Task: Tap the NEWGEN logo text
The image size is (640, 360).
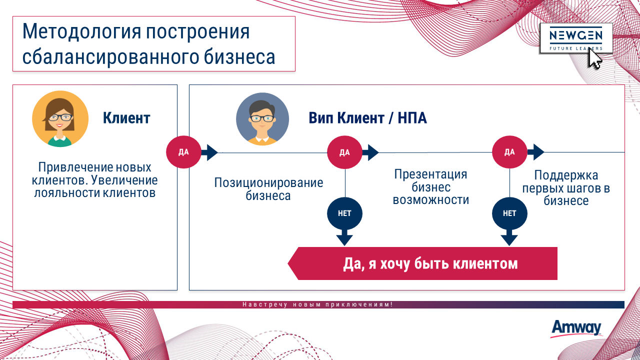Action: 576,35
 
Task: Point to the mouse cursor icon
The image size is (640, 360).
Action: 595,58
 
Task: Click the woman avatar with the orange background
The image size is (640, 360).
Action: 60,119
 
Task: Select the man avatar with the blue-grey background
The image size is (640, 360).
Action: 262,119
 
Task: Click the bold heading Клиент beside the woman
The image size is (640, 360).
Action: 126,117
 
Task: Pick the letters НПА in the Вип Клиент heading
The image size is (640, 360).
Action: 412,117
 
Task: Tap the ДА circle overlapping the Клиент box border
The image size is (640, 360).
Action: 183,152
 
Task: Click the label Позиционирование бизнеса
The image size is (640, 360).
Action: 268,189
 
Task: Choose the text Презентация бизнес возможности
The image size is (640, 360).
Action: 431,187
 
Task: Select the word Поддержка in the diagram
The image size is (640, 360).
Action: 566,175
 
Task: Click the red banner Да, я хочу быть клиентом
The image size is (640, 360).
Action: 422,263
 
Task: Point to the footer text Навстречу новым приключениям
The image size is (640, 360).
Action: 317,304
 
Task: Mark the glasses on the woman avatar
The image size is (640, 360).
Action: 60,117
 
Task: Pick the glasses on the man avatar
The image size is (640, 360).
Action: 262,118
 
